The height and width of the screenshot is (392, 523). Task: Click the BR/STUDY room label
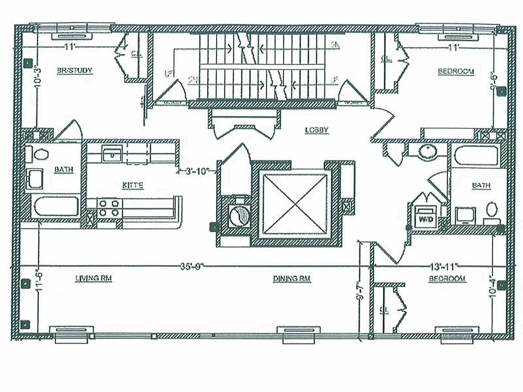click(x=75, y=71)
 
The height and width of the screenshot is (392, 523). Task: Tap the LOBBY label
click(x=316, y=130)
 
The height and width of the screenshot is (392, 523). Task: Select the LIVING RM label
click(x=94, y=278)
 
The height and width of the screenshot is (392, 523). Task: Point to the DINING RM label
click(x=292, y=278)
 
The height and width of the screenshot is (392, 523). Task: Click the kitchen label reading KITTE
click(x=133, y=185)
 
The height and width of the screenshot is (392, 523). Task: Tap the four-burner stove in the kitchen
click(x=108, y=207)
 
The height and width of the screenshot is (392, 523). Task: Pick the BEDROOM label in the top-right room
click(x=456, y=72)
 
